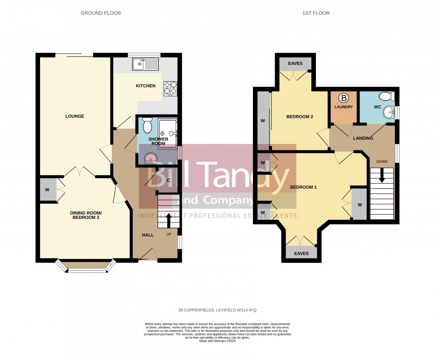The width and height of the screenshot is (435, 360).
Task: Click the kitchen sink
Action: click(x=145, y=64)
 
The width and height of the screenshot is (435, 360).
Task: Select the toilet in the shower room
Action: click(x=147, y=126)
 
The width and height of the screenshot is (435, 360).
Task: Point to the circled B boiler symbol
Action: click(x=344, y=98)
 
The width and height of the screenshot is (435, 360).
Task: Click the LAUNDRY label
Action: click(x=344, y=107)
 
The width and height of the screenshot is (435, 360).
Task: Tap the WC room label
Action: click(x=377, y=107)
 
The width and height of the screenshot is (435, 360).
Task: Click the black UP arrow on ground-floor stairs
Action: click(x=168, y=220)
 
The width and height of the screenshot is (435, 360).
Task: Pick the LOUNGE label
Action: click(x=75, y=116)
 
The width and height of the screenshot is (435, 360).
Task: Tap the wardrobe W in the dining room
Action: click(x=48, y=190)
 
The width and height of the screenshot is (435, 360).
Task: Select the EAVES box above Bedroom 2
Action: click(x=295, y=64)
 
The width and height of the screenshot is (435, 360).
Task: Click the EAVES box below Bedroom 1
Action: click(x=301, y=253)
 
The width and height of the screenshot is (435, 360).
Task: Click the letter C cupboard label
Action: click(x=168, y=181)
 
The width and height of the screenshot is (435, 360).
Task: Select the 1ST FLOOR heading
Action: click(x=316, y=13)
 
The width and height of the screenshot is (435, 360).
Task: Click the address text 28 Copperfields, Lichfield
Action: click(x=217, y=310)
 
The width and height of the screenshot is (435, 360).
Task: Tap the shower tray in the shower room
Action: click(x=167, y=133)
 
